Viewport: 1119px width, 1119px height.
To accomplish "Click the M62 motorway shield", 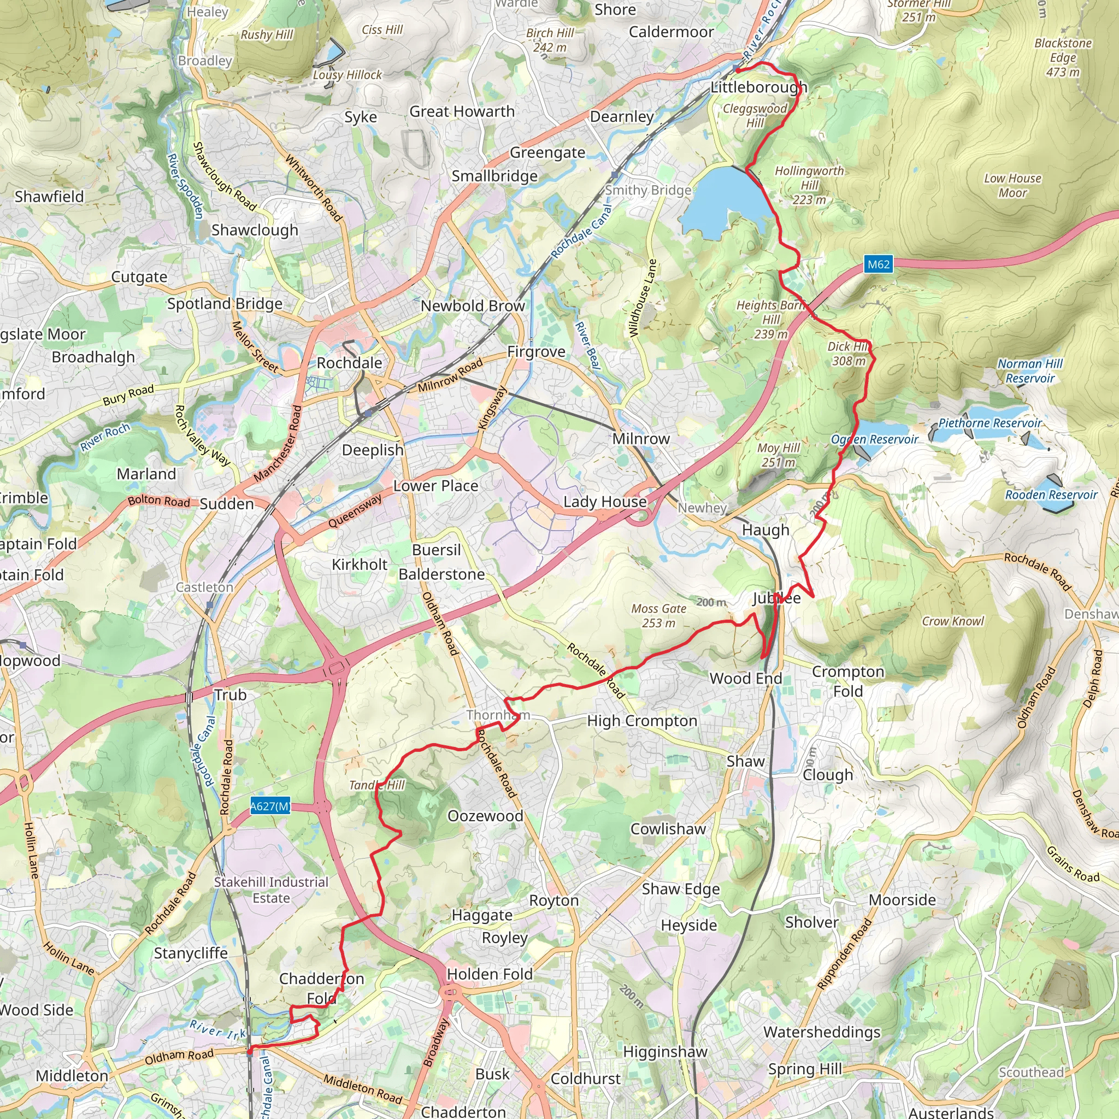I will coord(878,264).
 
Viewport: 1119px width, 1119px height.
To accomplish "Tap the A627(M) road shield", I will coord(270,806).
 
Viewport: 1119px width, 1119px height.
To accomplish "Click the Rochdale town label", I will coord(349,363).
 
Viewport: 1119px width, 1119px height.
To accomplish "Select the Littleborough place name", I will coord(759,87).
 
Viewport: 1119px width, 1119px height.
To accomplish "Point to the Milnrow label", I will coord(640,439).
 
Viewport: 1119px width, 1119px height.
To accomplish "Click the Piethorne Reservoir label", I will coord(990,423).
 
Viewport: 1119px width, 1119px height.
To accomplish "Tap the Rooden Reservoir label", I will coord(1051,494).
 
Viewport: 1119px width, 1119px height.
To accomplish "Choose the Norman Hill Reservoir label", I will coord(1030,370).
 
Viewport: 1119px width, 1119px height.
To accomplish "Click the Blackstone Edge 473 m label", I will coord(1063,57).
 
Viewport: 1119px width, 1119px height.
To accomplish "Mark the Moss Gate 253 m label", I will coord(659,616).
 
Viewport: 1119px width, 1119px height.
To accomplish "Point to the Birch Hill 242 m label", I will coord(549,40).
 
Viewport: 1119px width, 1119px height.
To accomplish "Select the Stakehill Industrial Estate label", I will coord(271,890).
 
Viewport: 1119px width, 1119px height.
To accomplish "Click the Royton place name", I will coord(553,900).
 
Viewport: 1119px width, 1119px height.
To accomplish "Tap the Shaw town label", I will coord(745,761).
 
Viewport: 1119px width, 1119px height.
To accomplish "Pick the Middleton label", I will coord(72,1075).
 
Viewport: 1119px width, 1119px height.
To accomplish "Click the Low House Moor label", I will coord(1012,185).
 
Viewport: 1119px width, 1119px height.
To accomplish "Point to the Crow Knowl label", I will coord(953,621).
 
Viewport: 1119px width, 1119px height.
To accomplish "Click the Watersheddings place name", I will coord(821,1032).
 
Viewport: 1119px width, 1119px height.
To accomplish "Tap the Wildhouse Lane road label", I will coord(643,299).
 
